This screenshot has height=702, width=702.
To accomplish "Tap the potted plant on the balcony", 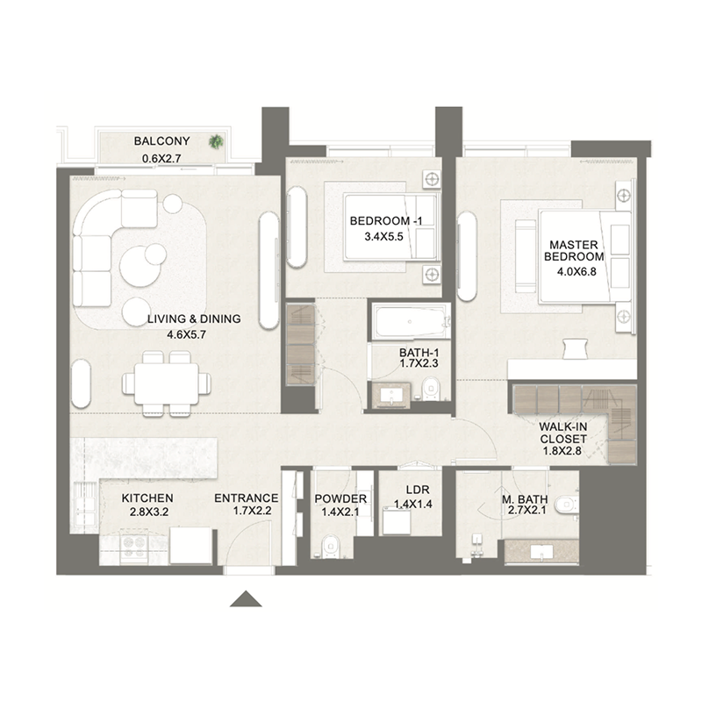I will tap(215, 141).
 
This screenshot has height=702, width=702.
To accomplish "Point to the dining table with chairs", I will tap(167, 381).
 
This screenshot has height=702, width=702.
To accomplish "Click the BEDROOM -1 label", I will tap(385, 220).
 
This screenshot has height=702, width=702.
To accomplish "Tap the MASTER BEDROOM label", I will tap(575, 250).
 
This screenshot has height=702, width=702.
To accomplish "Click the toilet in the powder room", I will tap(330, 543).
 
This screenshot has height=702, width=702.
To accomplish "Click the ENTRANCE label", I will tap(247, 498).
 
